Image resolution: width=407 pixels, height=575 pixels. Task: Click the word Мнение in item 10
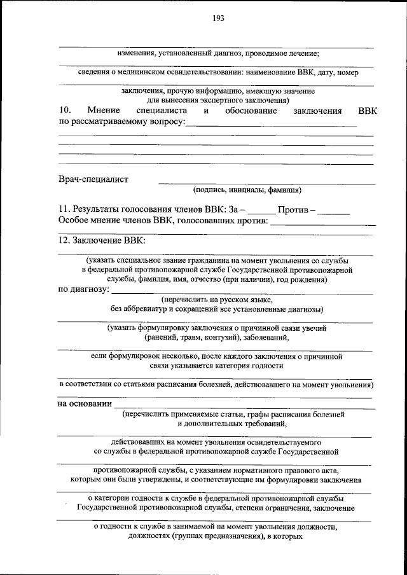[x=105, y=111]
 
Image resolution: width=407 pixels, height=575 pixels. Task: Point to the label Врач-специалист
[x=93, y=179]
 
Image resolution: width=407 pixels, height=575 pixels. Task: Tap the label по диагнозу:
[x=83, y=290]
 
